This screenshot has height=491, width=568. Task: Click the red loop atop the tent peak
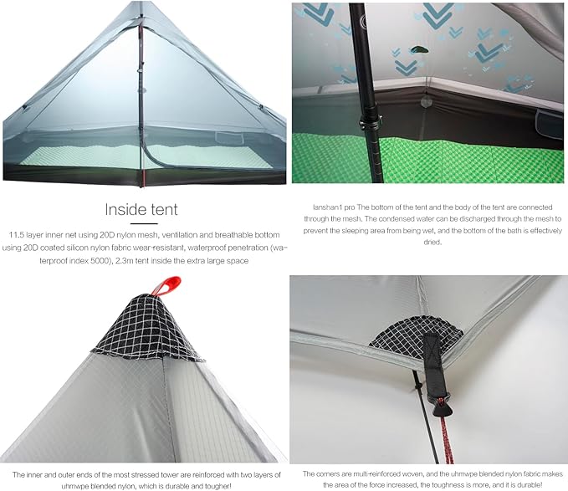[166, 285]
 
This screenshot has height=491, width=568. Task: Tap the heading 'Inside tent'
[141, 209]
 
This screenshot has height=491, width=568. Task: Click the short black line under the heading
[144, 223]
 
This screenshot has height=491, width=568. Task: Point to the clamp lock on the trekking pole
[371, 123]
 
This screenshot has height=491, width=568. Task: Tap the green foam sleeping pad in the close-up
[427, 159]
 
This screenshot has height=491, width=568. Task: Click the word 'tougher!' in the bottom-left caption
[217, 486]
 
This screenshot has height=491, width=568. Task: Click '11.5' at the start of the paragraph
[16, 235]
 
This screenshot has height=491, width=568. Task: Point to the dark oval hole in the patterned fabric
[420, 49]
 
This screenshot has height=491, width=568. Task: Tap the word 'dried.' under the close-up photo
[432, 242]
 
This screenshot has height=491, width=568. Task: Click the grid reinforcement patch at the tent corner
[417, 335]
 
